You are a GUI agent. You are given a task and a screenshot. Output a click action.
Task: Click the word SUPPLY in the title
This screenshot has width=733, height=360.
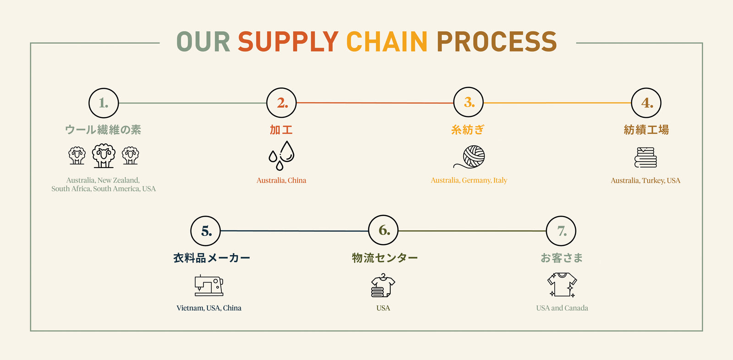pyautogui.click(x=288, y=42)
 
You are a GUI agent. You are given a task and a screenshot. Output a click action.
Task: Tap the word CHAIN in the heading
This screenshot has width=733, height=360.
pyautogui.click(x=387, y=42)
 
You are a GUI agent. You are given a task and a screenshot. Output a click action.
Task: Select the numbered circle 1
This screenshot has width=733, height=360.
pyautogui.click(x=104, y=103)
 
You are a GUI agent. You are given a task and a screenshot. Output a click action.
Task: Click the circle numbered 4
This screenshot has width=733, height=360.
pyautogui.click(x=646, y=103)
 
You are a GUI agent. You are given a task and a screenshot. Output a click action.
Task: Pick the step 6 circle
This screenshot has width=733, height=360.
pyautogui.click(x=383, y=230)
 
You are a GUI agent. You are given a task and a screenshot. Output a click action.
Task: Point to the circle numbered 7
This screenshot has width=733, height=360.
pyautogui.click(x=561, y=231)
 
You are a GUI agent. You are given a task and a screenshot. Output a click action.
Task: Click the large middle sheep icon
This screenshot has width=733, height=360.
pyautogui.click(x=104, y=156)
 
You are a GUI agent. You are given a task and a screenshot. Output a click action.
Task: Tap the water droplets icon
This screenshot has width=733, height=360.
pyautogui.click(x=281, y=156)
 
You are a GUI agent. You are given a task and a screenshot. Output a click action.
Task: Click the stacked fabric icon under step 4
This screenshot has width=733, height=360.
pyautogui.click(x=645, y=157)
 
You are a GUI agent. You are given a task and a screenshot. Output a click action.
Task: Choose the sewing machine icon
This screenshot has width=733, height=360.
pyautogui.click(x=209, y=285)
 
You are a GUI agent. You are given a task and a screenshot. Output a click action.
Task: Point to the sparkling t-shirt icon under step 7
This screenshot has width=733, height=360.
pyautogui.click(x=562, y=284)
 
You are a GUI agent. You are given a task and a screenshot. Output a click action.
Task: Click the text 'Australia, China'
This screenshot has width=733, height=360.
pyautogui.click(x=281, y=180)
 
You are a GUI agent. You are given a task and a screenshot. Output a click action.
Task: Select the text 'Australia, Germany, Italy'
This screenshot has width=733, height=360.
pyautogui.click(x=469, y=180)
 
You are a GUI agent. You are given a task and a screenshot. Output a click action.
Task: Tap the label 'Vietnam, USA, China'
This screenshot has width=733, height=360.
pyautogui.click(x=209, y=308)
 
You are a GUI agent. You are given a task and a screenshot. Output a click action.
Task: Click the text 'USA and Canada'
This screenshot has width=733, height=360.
pyautogui.click(x=562, y=308)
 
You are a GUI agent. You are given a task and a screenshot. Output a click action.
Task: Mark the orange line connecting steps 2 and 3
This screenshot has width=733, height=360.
pyautogui.click(x=375, y=103)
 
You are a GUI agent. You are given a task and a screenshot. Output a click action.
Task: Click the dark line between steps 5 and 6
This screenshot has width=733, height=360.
pyautogui.click(x=294, y=231)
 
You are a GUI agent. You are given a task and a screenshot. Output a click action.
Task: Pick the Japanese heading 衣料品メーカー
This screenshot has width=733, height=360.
pyautogui.click(x=212, y=258)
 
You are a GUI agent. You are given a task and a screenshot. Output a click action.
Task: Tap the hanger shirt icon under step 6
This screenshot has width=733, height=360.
pyautogui.click(x=383, y=286)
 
